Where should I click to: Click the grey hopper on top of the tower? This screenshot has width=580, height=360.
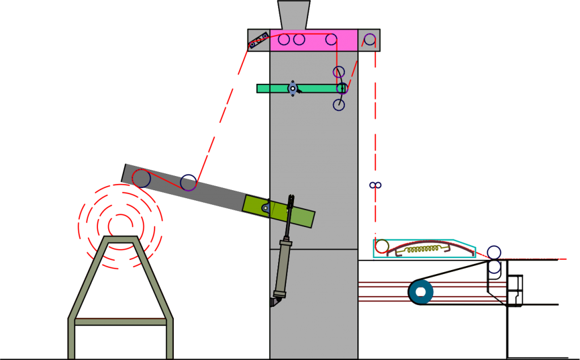pos(294,15)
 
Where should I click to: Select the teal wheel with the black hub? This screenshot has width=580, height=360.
pos(421,292)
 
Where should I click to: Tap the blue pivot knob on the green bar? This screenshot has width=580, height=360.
pos(293,88)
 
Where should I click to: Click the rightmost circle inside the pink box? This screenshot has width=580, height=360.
pos(331,40)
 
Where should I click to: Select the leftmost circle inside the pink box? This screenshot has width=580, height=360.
pos(284,40)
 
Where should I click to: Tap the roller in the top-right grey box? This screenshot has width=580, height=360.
pos(370,39)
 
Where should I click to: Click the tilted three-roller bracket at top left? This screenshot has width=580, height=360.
pos(258,40)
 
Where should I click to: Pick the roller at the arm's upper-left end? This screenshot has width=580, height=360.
pos(141,178)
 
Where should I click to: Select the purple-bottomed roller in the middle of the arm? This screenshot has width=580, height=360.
pos(189,183)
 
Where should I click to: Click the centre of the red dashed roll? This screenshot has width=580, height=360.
pos(120,226)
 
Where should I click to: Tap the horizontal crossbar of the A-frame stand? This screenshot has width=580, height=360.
pos(120,322)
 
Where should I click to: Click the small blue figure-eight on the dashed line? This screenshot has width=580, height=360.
pos(376,185)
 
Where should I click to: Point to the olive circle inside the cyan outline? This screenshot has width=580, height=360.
pos(382,246)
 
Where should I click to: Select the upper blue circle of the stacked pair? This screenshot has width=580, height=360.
pos(494,252)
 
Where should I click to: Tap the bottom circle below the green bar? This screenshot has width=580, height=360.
pos(339,105)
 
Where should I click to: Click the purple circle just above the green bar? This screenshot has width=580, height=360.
pos(339,72)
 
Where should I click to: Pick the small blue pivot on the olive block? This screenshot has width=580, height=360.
pos(265,208)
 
